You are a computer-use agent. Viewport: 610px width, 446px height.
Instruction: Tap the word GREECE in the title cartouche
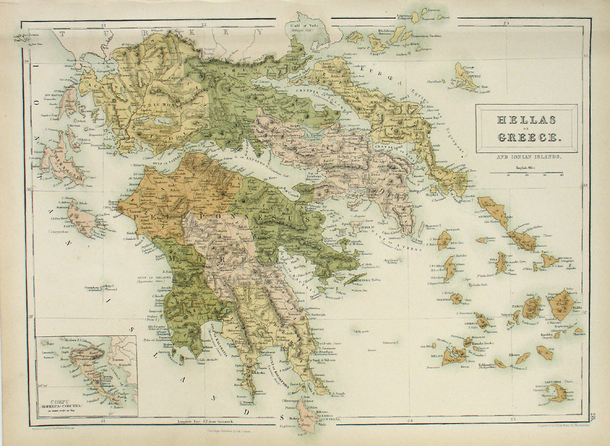click(x=526, y=137)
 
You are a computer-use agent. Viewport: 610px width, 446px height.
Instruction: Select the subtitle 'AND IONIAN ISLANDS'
click(x=526, y=158)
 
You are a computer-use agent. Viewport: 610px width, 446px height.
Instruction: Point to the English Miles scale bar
click(x=526, y=173)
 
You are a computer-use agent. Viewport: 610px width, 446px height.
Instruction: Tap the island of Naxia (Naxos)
click(x=561, y=304)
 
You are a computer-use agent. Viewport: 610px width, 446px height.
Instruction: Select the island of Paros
click(x=532, y=308)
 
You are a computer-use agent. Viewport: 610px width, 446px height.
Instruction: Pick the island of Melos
click(x=454, y=356)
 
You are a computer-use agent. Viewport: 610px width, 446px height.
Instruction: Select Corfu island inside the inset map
click(x=85, y=366)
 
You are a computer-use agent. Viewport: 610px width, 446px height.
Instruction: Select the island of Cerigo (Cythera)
click(x=308, y=415)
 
